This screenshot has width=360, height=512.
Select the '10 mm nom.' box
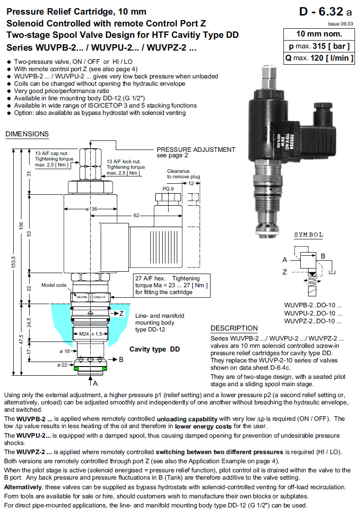click(319, 34)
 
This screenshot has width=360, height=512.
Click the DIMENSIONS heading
click(27, 134)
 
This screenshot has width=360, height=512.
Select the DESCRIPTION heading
click(234, 328)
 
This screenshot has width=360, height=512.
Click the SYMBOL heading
click(309, 235)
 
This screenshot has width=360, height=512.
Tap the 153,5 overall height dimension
click(14, 262)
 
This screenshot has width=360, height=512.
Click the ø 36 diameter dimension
click(92, 209)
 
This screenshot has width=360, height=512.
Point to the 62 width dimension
click(136, 215)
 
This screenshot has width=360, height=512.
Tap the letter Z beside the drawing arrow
click(122, 313)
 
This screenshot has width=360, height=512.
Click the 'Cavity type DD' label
click(154, 349)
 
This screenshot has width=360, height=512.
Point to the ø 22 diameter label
click(63, 365)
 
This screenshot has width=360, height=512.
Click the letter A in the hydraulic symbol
click(285, 260)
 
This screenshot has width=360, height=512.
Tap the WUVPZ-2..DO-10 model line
click(313, 321)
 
